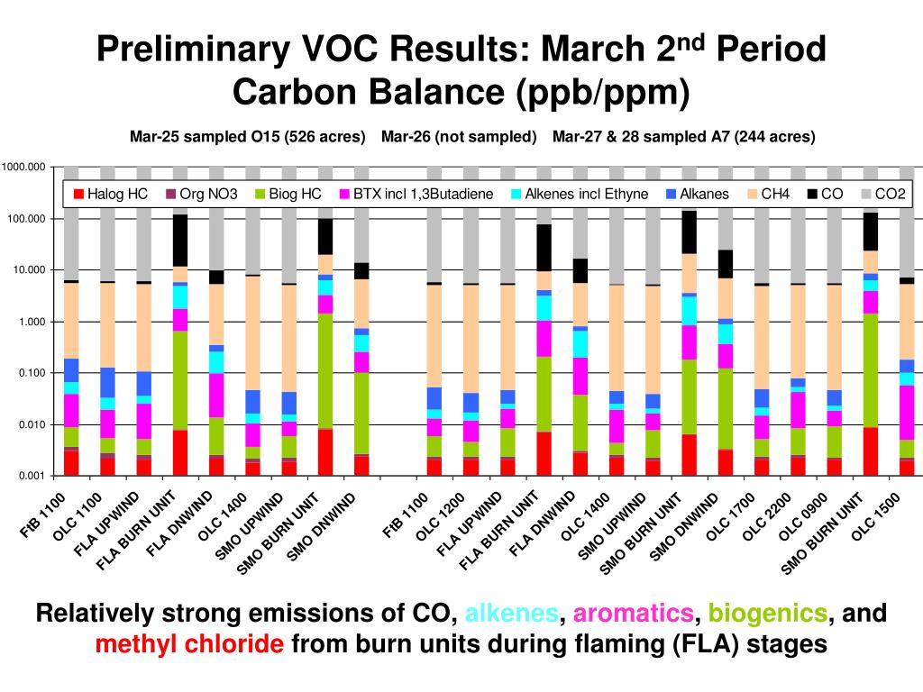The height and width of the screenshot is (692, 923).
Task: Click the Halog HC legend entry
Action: [x=109, y=193]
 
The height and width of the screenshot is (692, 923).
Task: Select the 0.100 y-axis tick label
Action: [x=31, y=373]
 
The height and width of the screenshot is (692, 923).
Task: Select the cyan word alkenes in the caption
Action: [x=511, y=615]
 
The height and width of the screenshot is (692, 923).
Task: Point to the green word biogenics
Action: [x=768, y=615]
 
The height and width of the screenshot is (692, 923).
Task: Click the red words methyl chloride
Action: [x=190, y=645]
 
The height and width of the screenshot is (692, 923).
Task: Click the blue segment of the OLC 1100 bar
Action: [x=107, y=382]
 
